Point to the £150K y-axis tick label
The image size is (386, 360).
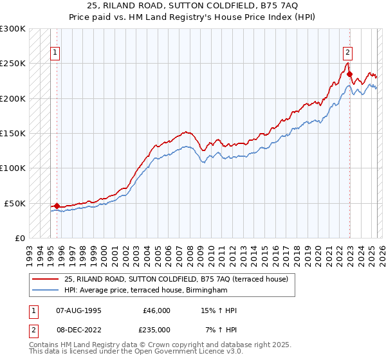13,134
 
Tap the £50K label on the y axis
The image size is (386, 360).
15,203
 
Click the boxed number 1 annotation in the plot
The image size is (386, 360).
55,53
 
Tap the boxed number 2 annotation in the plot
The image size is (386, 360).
347,53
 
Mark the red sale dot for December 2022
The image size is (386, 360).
349,74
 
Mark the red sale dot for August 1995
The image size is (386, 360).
57,206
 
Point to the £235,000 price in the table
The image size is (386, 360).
156,330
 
